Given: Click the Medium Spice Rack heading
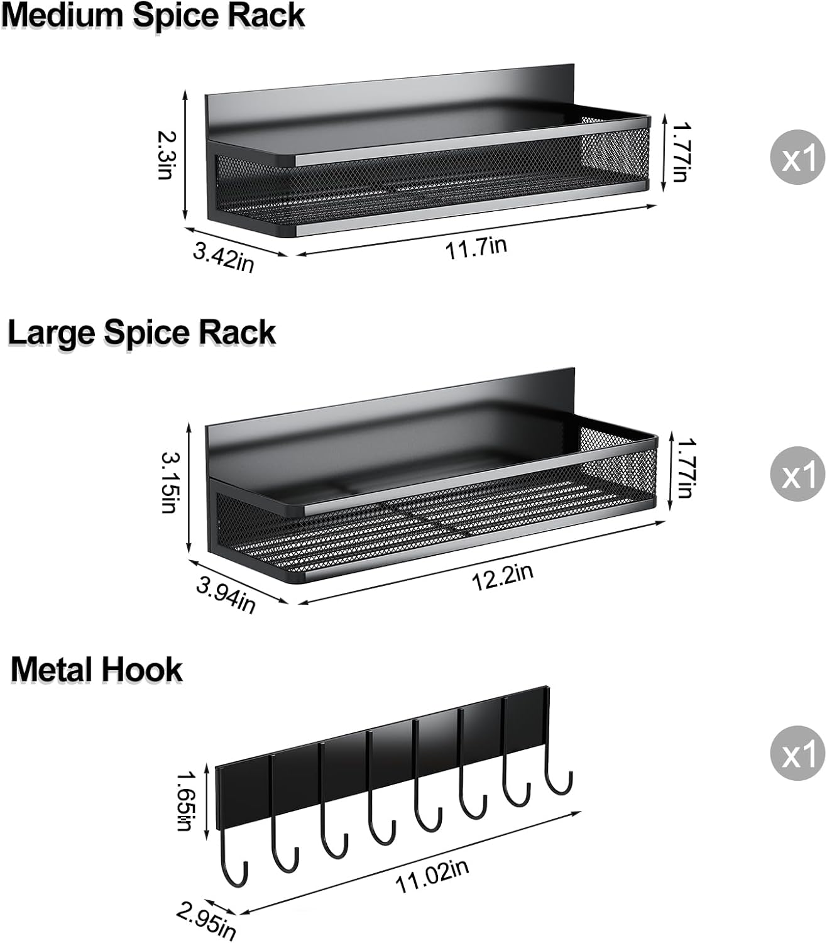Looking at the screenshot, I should [x=153, y=16].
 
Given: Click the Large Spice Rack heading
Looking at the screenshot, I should [x=141, y=333].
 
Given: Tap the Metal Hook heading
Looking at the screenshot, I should [x=96, y=670].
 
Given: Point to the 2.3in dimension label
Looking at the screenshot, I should [x=166, y=154].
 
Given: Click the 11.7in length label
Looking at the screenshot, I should [x=476, y=247].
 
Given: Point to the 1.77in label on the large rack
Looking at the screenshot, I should [x=684, y=468].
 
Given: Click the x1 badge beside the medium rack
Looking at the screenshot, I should [x=797, y=158].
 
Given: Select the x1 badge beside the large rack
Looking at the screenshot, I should [x=797, y=475].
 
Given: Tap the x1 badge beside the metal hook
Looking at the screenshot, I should [x=797, y=754].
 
